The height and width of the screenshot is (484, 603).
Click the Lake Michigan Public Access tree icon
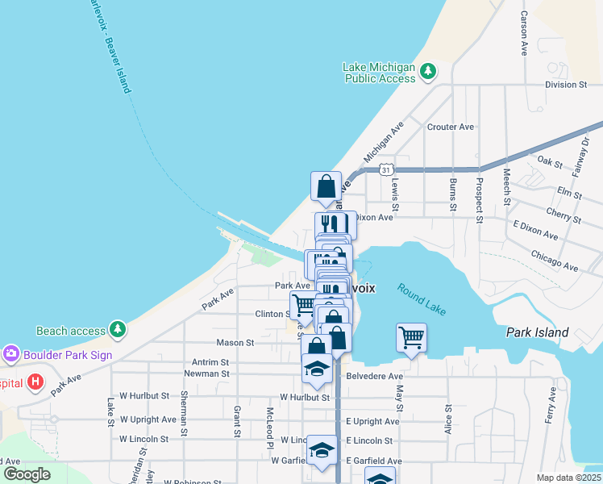429,72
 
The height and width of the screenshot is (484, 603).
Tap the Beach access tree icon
118,330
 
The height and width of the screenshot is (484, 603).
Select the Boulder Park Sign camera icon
10,354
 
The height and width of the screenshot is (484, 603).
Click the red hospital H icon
35,381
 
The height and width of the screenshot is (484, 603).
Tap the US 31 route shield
387,169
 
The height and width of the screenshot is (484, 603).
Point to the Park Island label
537,332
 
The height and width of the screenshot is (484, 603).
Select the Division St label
568,84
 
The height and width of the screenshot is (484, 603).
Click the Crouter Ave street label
451,127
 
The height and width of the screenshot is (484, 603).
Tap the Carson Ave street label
524,33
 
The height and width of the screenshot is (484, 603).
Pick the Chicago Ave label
554,261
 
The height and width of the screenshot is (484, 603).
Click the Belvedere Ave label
373,376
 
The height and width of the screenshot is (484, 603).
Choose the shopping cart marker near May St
411,337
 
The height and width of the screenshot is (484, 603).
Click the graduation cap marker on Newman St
317,369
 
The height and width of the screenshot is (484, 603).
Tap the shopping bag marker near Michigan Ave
326,186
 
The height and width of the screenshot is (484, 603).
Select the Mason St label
235,342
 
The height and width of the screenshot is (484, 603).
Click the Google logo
27,474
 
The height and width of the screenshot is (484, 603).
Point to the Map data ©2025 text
568,478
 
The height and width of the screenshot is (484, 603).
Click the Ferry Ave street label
551,405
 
